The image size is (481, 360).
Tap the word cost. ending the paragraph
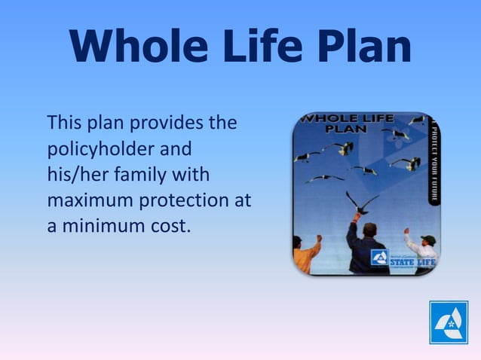[166, 225]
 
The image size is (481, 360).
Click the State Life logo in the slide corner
[449, 322]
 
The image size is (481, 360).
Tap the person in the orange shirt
[305, 256]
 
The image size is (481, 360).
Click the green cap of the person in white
[427, 239]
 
